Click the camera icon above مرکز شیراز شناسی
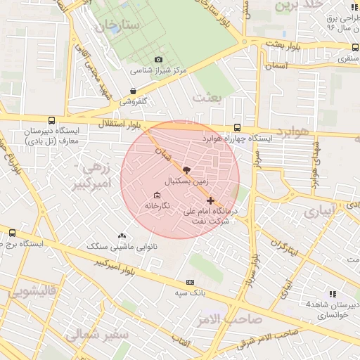[158, 60]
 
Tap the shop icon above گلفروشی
[133, 91]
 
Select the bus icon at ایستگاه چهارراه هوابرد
[237, 128]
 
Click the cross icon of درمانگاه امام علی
[210, 200]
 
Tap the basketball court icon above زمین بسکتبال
[186, 170]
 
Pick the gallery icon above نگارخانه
[156, 195]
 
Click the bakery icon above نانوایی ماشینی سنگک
[123, 236]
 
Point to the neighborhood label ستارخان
[120, 26]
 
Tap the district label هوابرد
[292, 132]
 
